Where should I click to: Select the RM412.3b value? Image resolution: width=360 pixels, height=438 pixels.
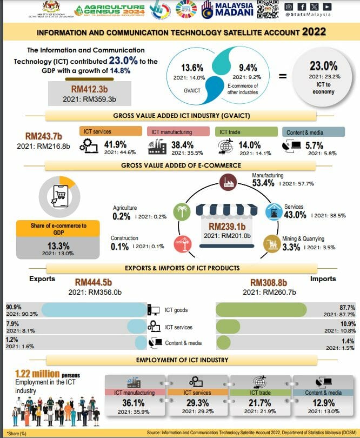[90, 88]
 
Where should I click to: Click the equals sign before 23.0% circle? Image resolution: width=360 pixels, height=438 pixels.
[282, 76]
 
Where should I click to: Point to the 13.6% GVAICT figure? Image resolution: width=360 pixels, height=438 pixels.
[192, 68]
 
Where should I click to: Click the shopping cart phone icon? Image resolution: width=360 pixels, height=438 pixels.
[57, 195]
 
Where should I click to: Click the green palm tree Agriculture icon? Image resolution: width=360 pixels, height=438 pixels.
[181, 212]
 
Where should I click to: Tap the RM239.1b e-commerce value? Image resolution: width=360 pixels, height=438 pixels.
[225, 227]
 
